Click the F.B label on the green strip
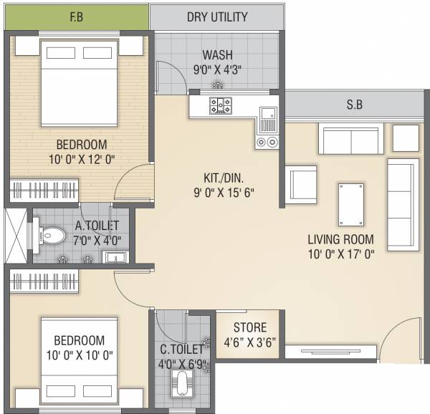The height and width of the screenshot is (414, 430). (x=76, y=16)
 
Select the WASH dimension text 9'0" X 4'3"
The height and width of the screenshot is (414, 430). (x=216, y=70)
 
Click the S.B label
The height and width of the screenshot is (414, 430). (x=354, y=105)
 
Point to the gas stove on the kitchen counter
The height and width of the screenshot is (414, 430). (x=220, y=106)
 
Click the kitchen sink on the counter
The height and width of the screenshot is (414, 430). (x=267, y=112)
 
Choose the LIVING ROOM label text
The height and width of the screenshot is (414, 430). (x=342, y=238)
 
